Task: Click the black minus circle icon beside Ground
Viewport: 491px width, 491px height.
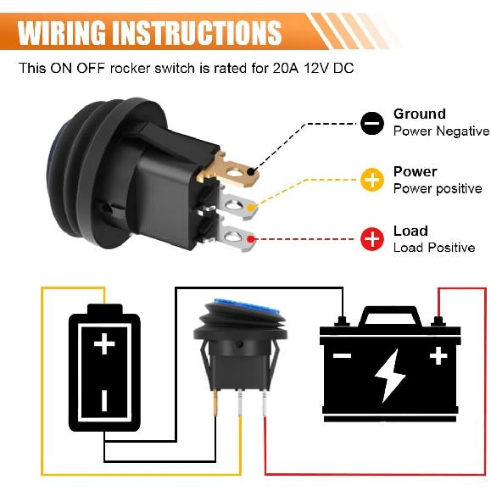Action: (371, 123)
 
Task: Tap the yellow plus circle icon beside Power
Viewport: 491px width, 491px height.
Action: (371, 180)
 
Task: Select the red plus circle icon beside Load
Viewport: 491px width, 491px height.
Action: (371, 239)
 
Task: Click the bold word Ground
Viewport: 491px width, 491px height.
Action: (419, 114)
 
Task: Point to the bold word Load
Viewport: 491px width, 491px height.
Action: (410, 231)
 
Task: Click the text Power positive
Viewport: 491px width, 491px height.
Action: (438, 188)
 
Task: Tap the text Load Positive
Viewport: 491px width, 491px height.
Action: (434, 248)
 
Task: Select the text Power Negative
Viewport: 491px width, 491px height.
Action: (441, 131)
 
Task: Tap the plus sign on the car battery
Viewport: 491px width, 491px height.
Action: (438, 356)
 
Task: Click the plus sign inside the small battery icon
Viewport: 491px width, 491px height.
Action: (103, 343)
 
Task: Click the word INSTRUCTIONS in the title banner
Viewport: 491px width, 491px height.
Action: (204, 33)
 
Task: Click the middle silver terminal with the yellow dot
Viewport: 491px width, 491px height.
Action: (243, 203)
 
